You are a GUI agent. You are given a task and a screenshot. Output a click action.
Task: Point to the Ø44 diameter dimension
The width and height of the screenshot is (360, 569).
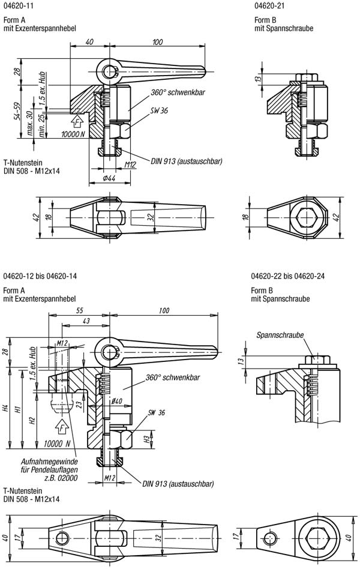109,178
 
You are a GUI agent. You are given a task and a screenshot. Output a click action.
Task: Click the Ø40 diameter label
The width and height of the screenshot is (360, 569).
116,402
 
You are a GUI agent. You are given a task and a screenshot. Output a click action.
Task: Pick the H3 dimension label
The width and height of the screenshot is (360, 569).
147,439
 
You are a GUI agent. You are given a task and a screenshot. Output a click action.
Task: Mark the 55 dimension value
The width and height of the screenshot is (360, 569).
79,311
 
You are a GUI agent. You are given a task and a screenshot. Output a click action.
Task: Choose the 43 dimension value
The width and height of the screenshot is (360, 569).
86,321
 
